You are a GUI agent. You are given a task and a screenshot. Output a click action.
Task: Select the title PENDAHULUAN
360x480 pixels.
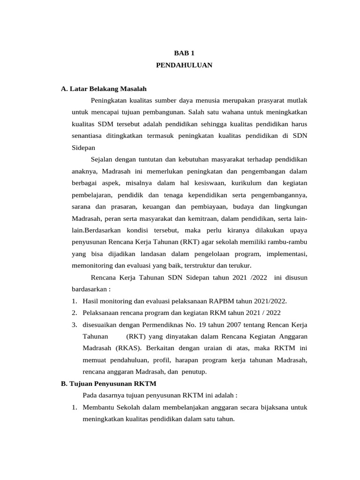[184, 65]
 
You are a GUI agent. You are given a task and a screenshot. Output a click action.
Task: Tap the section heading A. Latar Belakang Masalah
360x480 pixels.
[104, 89]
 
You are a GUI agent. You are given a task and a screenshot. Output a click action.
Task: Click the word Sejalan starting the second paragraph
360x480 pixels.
[103, 159]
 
